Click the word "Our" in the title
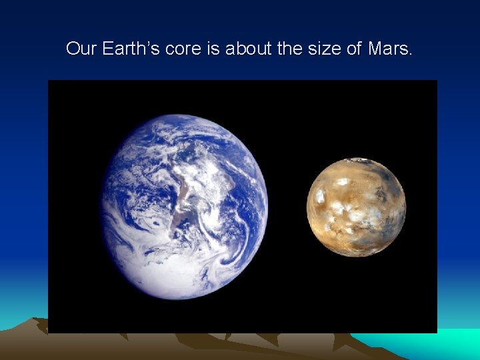point(81,49)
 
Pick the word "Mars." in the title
point(390,49)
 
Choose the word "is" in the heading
point(214,49)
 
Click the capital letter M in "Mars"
point(374,49)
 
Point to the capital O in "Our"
point(73,49)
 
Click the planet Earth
point(185,207)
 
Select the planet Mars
point(356,207)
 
